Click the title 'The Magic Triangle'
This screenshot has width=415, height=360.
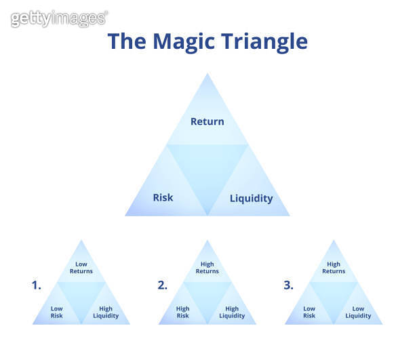point(207,41)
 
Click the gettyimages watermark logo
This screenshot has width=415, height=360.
point(59,18)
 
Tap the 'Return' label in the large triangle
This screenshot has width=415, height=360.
point(207,121)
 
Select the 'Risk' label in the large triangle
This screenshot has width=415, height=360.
point(163,197)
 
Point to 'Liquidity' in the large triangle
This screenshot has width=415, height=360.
point(251,198)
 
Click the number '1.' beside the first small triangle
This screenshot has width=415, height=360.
point(36,285)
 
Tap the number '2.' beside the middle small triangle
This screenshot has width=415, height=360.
point(162,285)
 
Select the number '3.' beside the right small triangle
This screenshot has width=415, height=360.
point(288,285)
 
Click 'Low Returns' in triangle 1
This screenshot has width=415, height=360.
point(81,268)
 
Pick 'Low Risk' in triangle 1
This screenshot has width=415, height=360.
point(57,312)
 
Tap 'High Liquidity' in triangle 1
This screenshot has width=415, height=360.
point(106,312)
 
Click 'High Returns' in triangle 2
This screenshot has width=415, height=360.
point(207,268)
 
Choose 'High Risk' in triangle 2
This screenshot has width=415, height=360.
point(183,312)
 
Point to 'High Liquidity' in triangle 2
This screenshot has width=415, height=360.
point(232,312)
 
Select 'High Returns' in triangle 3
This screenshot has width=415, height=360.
point(334,268)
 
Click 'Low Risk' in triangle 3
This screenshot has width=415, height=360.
point(309,312)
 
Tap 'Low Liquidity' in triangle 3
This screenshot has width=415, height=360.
point(358,312)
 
